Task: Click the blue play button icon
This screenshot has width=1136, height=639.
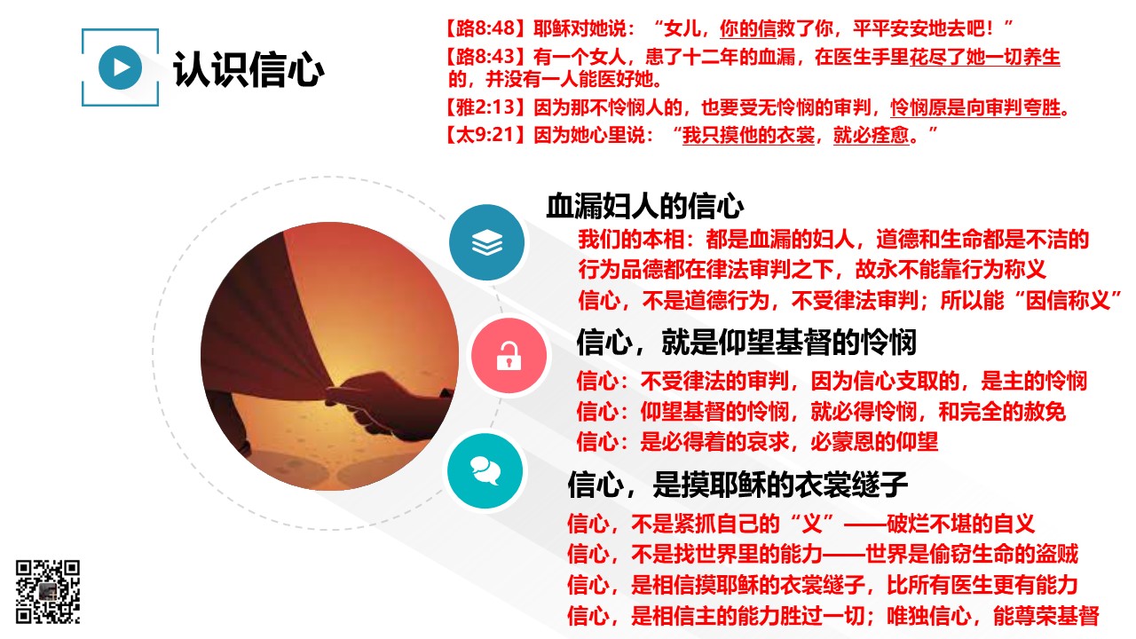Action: [120, 67]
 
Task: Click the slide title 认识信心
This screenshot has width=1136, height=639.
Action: [248, 69]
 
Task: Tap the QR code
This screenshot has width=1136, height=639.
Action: [48, 591]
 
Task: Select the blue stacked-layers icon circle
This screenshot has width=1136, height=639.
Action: [487, 242]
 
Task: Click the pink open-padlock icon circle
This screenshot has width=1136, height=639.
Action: [509, 356]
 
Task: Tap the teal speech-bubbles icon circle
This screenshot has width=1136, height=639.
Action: [485, 471]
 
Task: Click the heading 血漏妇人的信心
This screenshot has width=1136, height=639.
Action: [644, 207]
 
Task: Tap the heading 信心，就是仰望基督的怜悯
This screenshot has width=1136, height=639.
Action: [746, 343]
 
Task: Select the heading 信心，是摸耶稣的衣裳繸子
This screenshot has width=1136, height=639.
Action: [738, 485]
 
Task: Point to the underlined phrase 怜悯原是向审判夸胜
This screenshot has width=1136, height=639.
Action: [975, 107]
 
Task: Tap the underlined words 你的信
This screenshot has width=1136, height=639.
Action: [748, 28]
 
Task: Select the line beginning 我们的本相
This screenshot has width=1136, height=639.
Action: [833, 240]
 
